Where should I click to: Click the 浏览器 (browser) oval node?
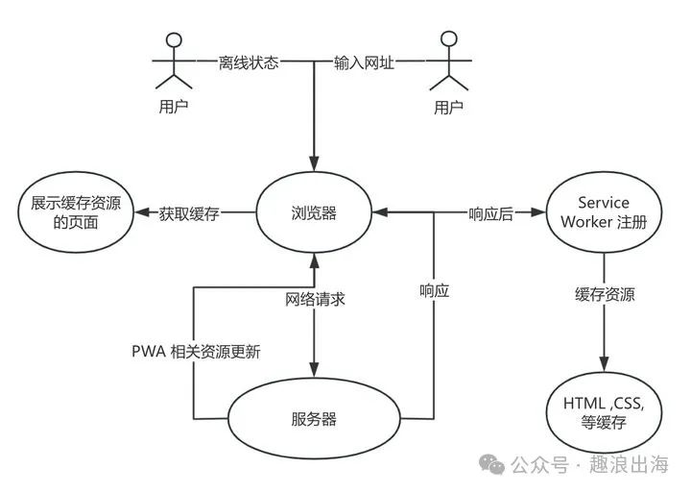[314, 213]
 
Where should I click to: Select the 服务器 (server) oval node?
[314, 418]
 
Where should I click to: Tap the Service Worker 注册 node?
[603, 213]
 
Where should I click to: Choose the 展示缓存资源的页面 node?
[76, 213]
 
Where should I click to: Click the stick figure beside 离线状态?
[173, 60]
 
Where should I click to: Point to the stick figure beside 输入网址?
[446, 60]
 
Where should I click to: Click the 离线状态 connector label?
[248, 63]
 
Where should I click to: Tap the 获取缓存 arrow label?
[189, 213]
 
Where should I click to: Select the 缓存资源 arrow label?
[605, 294]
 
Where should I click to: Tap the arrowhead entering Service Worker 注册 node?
[540, 213]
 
